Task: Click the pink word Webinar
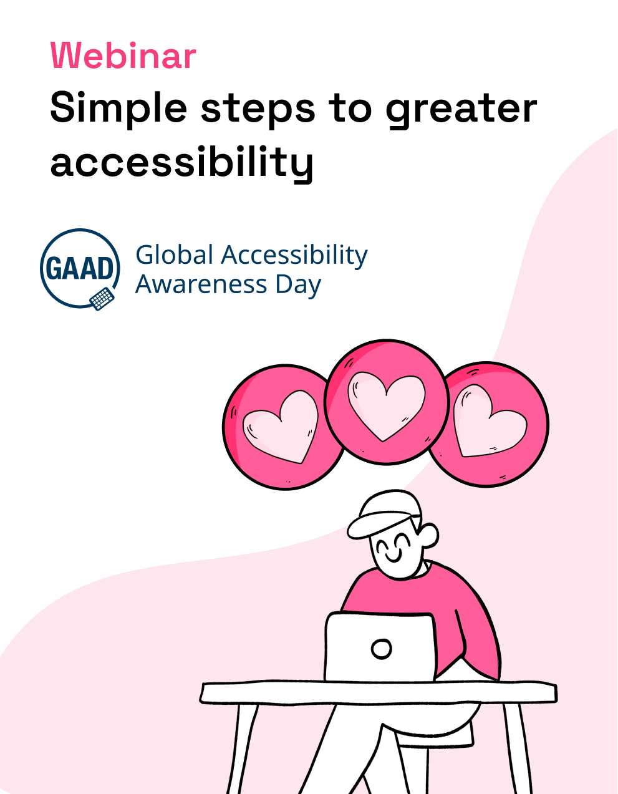click(123, 56)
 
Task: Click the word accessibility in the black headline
click(181, 162)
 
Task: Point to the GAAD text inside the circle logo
click(80, 268)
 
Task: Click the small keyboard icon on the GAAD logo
click(102, 299)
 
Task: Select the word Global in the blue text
click(174, 254)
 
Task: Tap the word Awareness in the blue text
click(201, 284)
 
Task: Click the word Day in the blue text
click(298, 286)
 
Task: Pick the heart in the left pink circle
click(281, 426)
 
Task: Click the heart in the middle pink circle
click(386, 405)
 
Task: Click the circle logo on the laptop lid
click(381, 649)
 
